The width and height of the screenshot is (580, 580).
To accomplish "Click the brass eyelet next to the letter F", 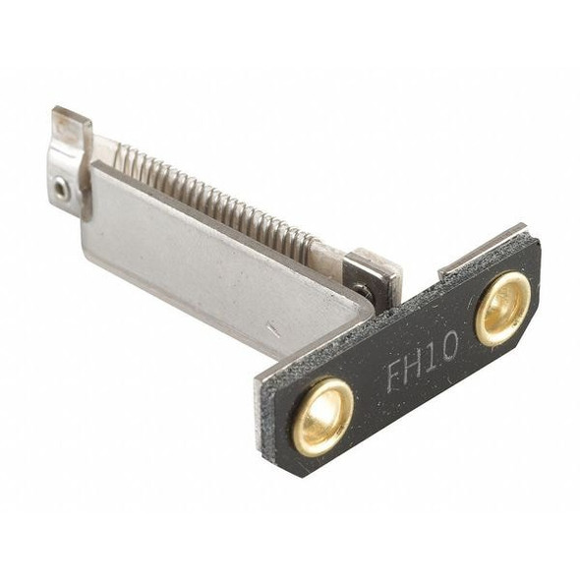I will (x=322, y=416).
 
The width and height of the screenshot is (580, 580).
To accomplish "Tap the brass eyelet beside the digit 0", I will (x=503, y=308).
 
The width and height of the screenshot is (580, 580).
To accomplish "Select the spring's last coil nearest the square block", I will (x=312, y=242).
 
